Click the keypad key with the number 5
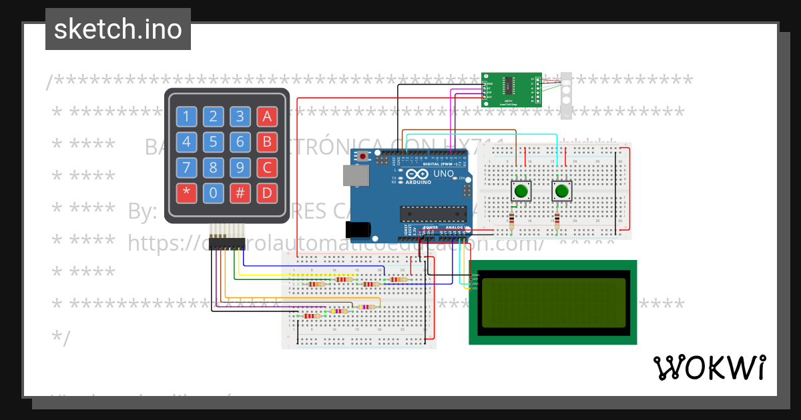point(213,141)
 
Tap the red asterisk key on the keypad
point(186,193)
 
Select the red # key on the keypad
point(240,193)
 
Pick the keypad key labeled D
point(267,193)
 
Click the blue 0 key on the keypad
point(213,193)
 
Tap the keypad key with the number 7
point(186,167)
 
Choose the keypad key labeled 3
point(240,117)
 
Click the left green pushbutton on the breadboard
point(521,192)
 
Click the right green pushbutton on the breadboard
point(562,192)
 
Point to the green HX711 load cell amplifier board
point(511,89)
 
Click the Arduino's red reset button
point(362,157)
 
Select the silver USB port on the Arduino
point(354,175)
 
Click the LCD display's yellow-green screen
point(553,303)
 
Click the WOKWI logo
point(709,367)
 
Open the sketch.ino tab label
point(118,29)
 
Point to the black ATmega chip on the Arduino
point(432,213)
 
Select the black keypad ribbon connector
point(226,245)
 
